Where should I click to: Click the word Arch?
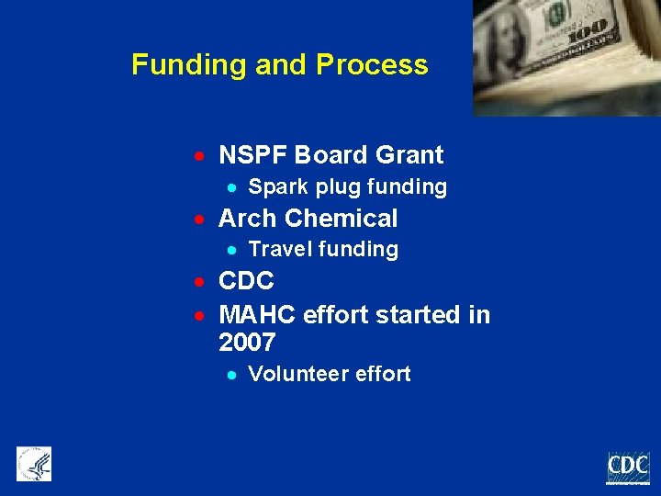coord(248,219)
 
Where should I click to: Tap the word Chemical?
coord(341,219)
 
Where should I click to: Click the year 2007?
coord(247,344)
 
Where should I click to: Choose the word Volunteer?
coord(294,375)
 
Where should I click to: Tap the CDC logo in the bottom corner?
coord(628,467)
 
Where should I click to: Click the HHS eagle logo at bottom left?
coord(34,464)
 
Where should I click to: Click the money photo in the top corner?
coord(566,57)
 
